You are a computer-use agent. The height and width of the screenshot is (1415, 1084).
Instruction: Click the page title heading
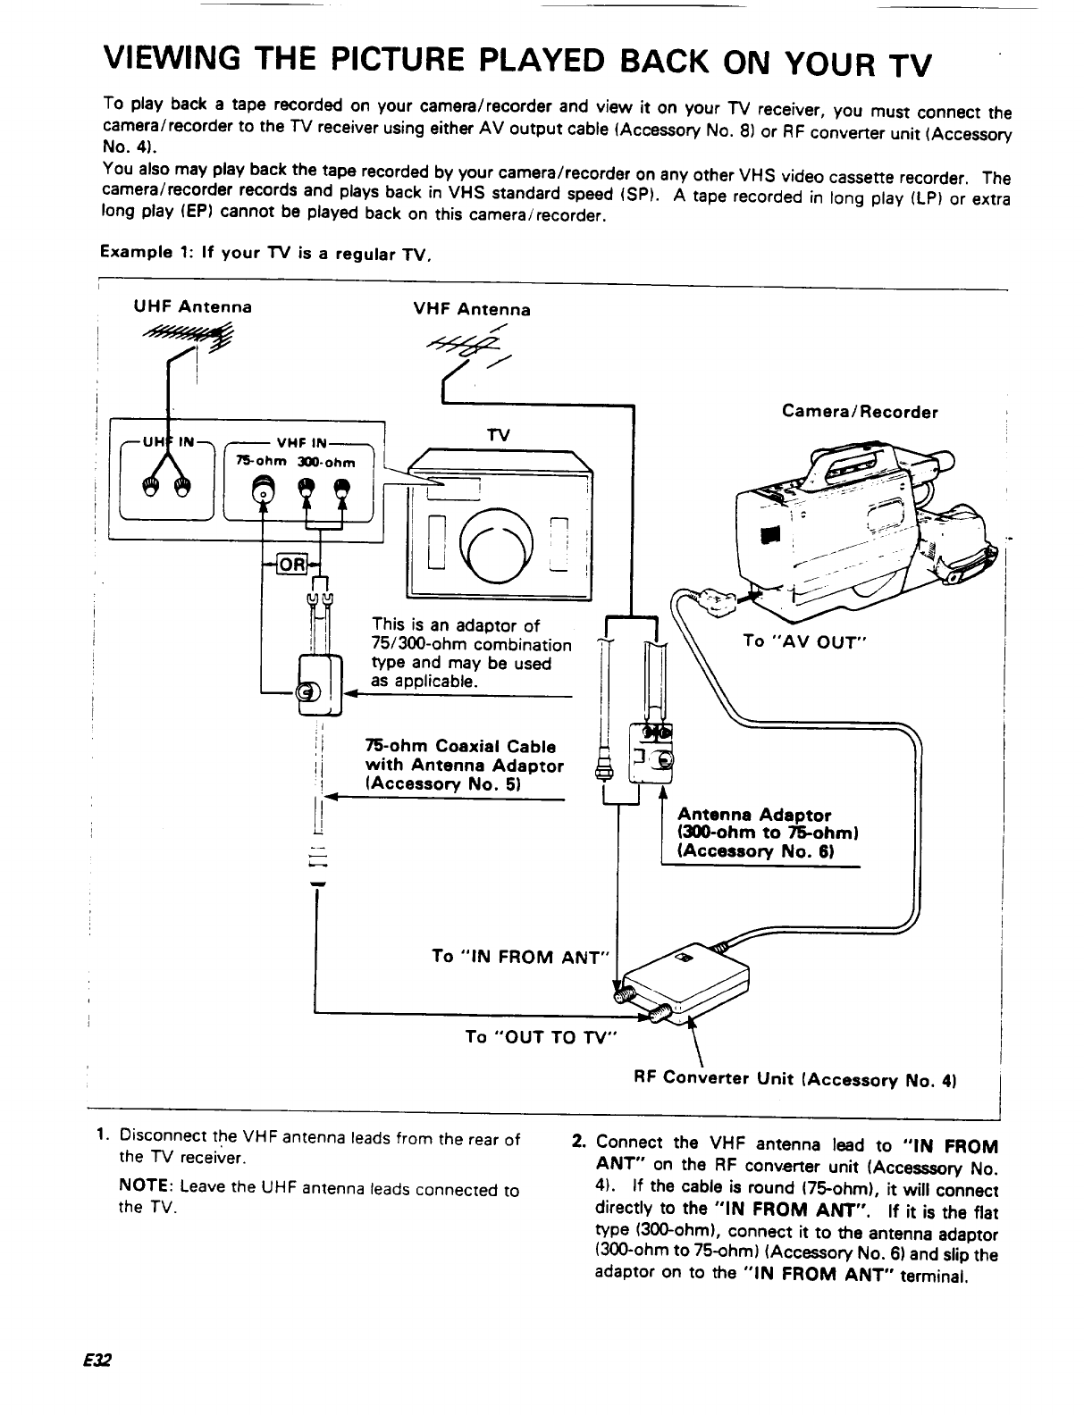click(518, 63)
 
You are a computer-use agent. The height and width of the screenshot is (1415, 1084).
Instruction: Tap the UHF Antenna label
click(192, 307)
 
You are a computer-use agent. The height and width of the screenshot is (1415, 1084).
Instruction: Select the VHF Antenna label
click(471, 309)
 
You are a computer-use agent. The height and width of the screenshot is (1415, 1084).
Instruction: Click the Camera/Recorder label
click(860, 412)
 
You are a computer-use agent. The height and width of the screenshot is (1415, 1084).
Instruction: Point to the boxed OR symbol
click(292, 565)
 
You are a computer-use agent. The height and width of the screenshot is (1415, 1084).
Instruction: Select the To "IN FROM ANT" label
click(519, 957)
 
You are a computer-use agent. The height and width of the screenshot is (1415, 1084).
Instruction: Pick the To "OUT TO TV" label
click(542, 1036)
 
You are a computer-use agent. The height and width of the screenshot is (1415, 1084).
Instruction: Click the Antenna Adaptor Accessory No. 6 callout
click(768, 833)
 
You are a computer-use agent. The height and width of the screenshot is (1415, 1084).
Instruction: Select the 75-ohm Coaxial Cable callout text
click(464, 766)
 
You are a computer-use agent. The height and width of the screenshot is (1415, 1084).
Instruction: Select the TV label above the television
click(498, 434)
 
